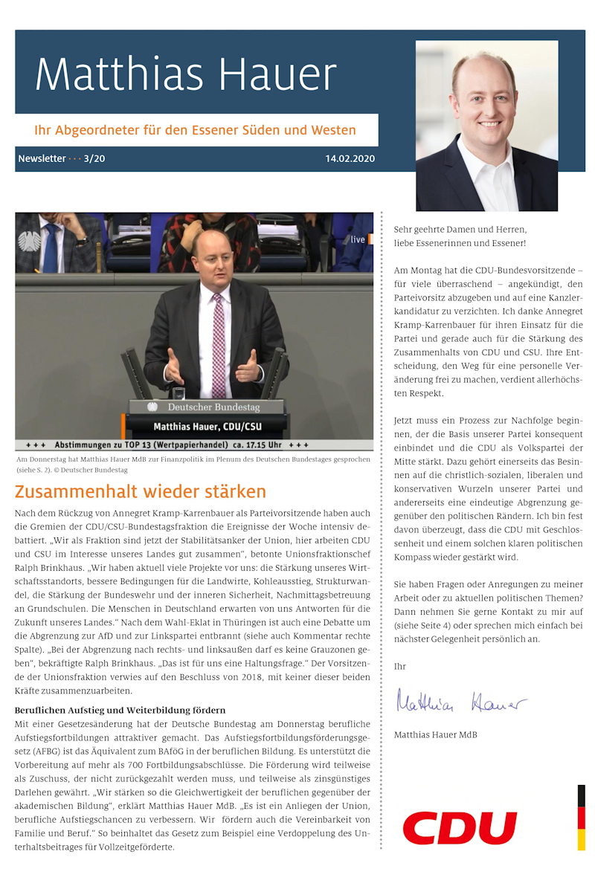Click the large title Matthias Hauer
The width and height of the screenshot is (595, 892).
pyautogui.click(x=186, y=74)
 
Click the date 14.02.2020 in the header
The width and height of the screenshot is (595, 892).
pyautogui.click(x=350, y=158)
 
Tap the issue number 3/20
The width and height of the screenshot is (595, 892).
pyautogui.click(x=94, y=158)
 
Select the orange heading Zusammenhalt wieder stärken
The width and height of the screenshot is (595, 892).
pyautogui.click(x=140, y=491)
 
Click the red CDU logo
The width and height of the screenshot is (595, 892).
pyautogui.click(x=460, y=827)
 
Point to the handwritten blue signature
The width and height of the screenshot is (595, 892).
pyautogui.click(x=461, y=701)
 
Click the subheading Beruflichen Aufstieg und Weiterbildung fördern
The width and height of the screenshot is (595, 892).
pyautogui.click(x=120, y=710)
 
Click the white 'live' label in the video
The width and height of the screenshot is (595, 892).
pyautogui.click(x=358, y=239)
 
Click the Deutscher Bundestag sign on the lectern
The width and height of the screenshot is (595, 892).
pyautogui.click(x=206, y=407)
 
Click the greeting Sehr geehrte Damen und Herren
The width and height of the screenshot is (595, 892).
pyautogui.click(x=460, y=230)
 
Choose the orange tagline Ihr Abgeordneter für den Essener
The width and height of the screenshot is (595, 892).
pyautogui.click(x=195, y=130)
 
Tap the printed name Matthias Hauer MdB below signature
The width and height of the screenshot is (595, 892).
pyautogui.click(x=435, y=734)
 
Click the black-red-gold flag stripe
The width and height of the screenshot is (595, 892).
pyautogui.click(x=581, y=818)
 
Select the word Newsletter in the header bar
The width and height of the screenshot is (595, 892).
pyautogui.click(x=42, y=158)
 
